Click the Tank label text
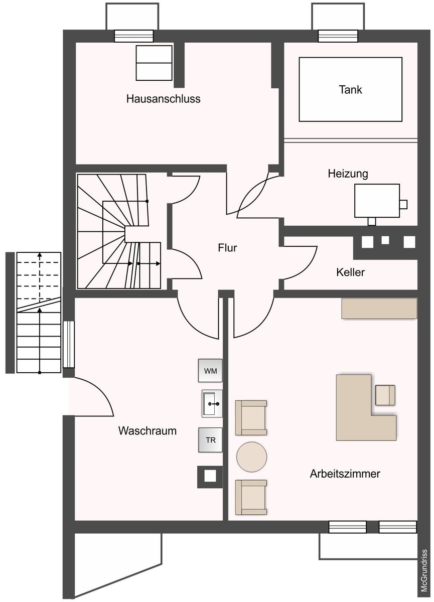point(350,89)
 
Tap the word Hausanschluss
point(164,99)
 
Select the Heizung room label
point(348,174)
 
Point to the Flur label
point(227,248)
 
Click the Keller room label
point(350,272)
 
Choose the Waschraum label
point(148,430)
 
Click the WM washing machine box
point(210,371)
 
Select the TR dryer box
point(210,440)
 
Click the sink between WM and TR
point(212,403)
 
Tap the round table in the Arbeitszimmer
point(251,457)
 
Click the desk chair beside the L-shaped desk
point(385,395)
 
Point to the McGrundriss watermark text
point(424,574)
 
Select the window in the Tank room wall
point(338,36)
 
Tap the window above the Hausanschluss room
point(134,36)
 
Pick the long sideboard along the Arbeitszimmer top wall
point(379,309)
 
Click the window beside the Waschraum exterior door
point(69,344)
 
